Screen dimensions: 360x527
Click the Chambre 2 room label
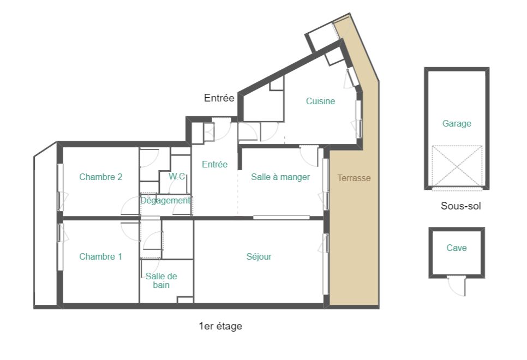click(100, 177)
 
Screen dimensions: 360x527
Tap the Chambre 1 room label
click(100, 256)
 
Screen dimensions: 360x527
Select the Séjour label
click(259, 256)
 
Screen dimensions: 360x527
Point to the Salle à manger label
click(280, 177)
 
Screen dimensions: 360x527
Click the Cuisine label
click(320, 101)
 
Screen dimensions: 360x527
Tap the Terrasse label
click(354, 178)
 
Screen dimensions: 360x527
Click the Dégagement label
click(165, 200)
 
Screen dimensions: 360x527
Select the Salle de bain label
click(161, 280)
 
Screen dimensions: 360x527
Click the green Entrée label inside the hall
click(214, 164)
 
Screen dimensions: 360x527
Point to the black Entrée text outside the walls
click(219, 98)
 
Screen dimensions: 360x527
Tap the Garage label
click(457, 123)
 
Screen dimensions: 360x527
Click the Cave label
click(457, 248)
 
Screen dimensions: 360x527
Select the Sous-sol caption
click(460, 206)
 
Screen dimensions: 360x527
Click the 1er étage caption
click(220, 326)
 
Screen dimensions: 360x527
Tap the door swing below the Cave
click(456, 286)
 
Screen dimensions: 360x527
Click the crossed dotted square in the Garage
click(457, 166)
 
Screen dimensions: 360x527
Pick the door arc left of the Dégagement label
click(130, 206)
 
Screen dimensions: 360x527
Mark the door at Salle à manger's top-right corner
click(309, 154)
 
